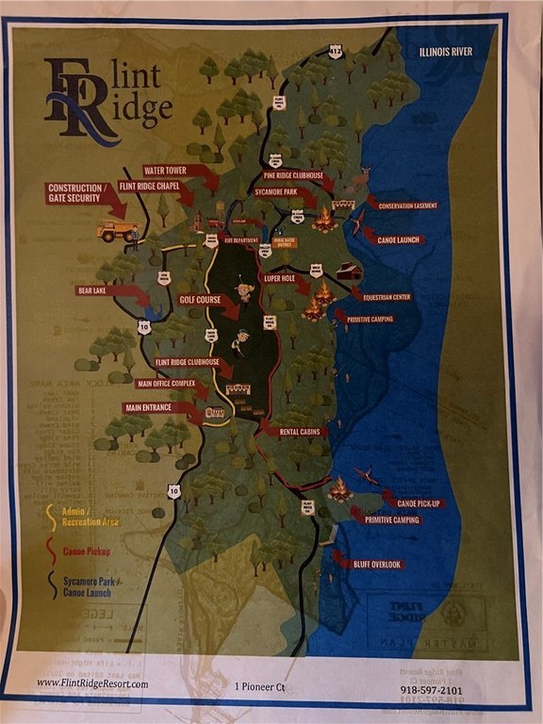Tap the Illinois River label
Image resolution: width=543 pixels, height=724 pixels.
445,52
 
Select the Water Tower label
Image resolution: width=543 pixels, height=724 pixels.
168,171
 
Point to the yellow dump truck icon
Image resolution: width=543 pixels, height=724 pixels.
118,231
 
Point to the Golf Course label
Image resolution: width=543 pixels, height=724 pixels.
199,299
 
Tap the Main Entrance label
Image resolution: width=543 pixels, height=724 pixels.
151,407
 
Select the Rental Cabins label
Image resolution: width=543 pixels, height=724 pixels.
299,432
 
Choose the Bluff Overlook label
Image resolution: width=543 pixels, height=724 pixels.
376,565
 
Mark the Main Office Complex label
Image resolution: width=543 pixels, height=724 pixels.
165,384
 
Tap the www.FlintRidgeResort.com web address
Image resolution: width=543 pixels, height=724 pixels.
92,683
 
